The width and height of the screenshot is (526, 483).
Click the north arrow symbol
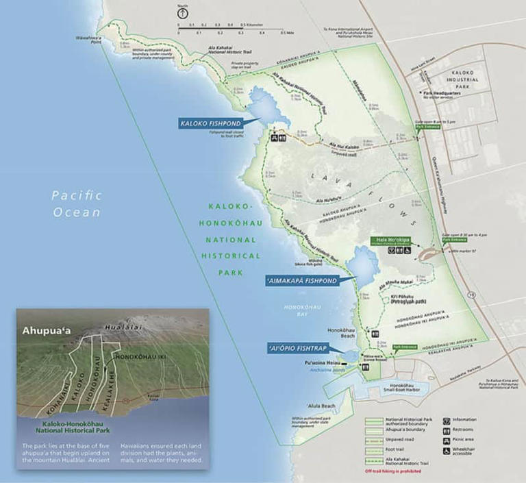point(182,13)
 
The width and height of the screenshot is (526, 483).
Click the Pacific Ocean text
point(77,203)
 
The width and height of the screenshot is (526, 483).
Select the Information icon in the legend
point(447,419)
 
